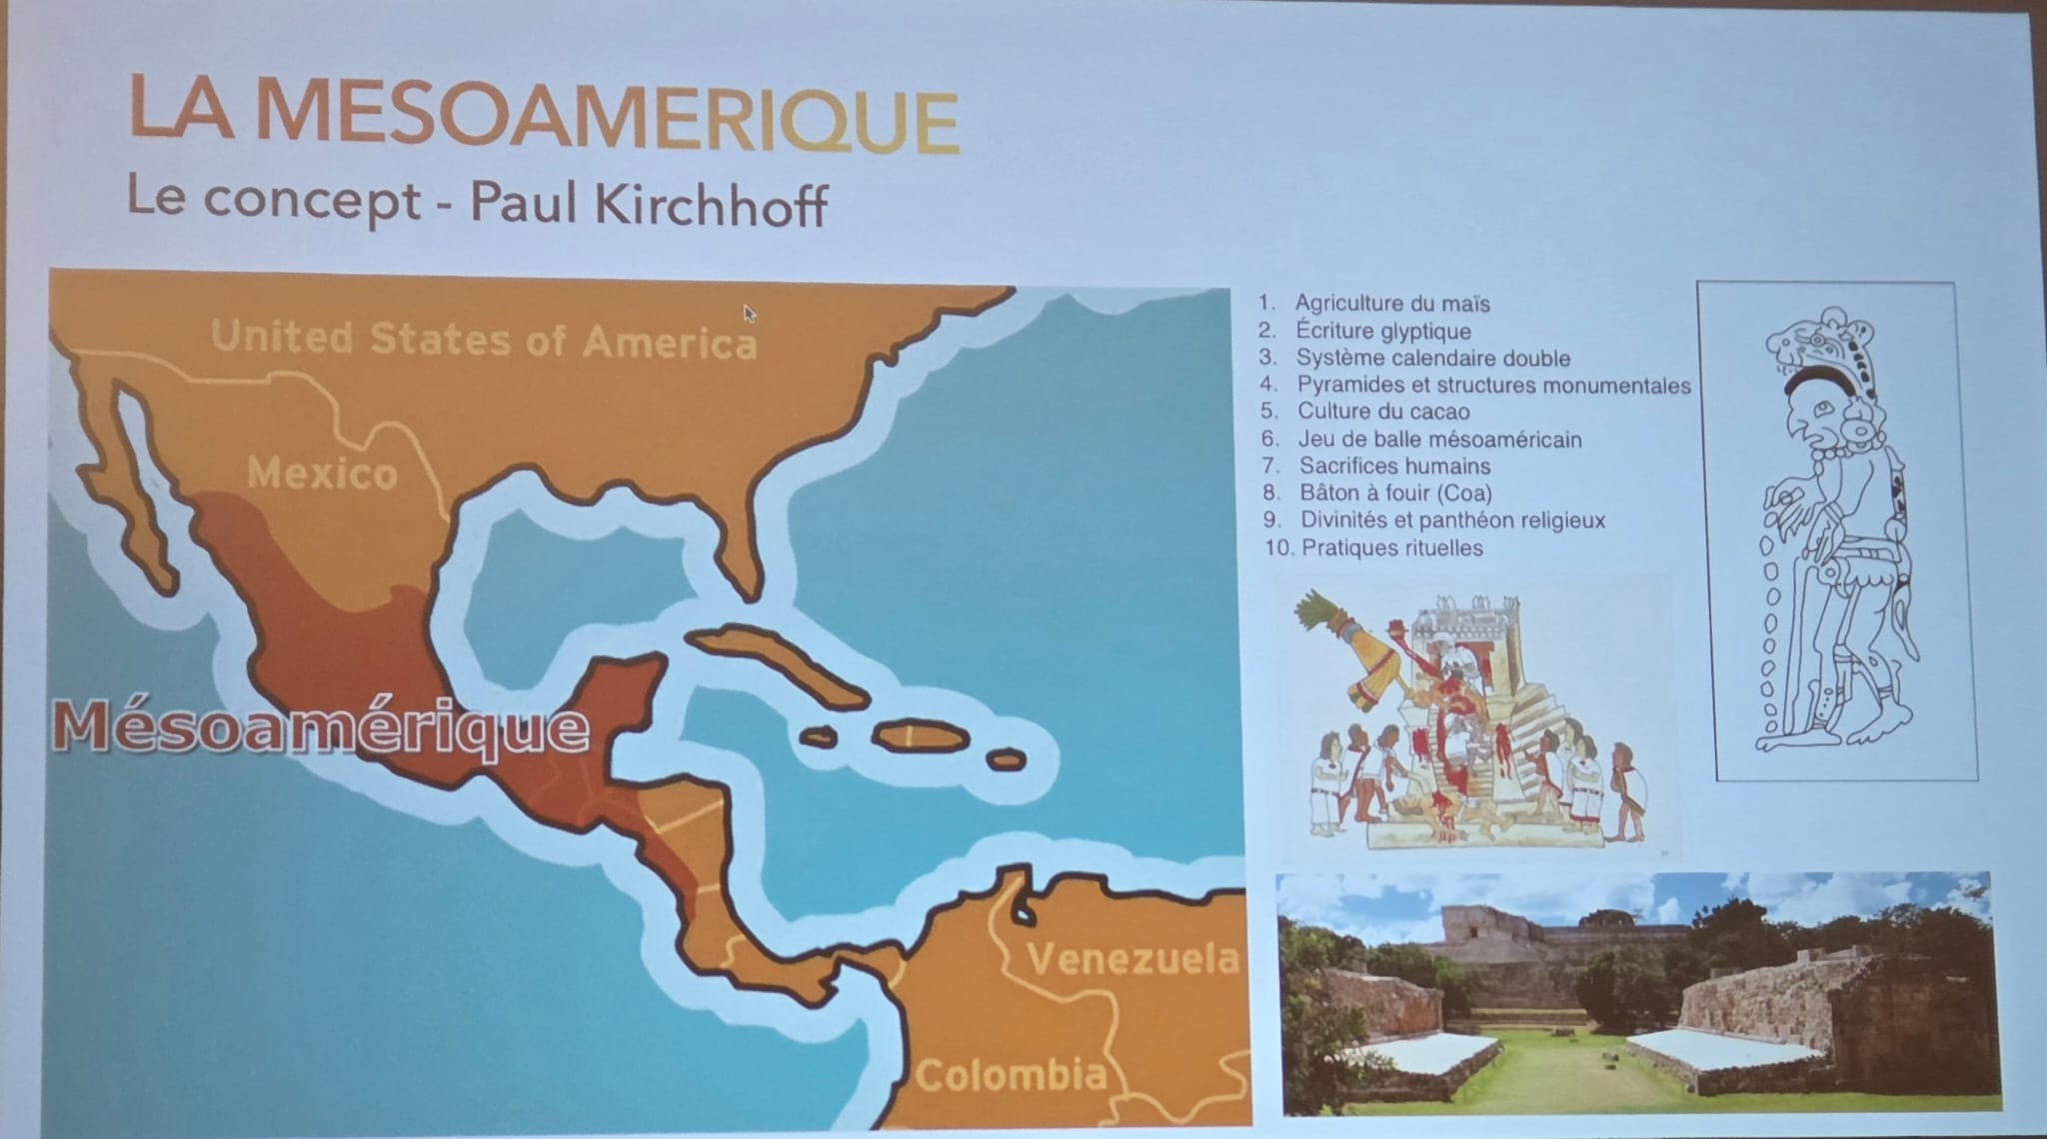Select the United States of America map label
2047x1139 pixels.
(x=484, y=339)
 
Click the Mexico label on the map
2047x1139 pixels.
(x=322, y=473)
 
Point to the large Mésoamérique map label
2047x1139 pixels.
(x=320, y=728)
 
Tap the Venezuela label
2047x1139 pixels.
(x=1132, y=959)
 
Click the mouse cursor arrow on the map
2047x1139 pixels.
(x=749, y=313)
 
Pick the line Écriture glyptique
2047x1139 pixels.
(x=1383, y=331)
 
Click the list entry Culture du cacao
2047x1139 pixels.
(x=1383, y=412)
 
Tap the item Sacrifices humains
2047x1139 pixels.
(x=1394, y=466)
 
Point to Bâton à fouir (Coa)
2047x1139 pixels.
(x=1395, y=493)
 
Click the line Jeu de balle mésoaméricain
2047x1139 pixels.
(x=1439, y=439)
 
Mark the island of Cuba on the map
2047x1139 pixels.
(x=775, y=661)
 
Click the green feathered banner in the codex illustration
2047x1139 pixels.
(x=1344, y=650)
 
